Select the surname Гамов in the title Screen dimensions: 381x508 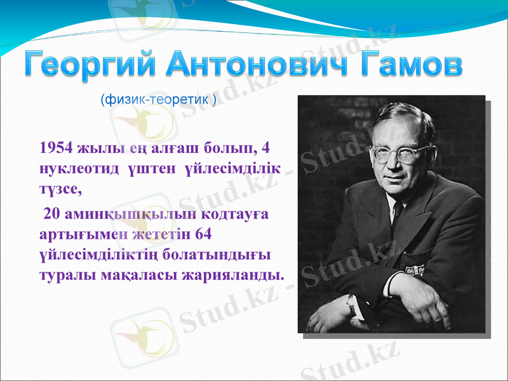pos(409,65)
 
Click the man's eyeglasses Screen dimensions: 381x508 pos(392,153)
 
